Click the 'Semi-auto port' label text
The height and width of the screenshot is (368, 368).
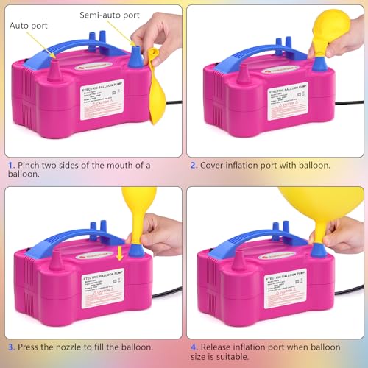(111, 14)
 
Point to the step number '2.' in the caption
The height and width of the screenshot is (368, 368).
(194, 166)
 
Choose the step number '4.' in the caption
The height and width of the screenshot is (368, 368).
(194, 346)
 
